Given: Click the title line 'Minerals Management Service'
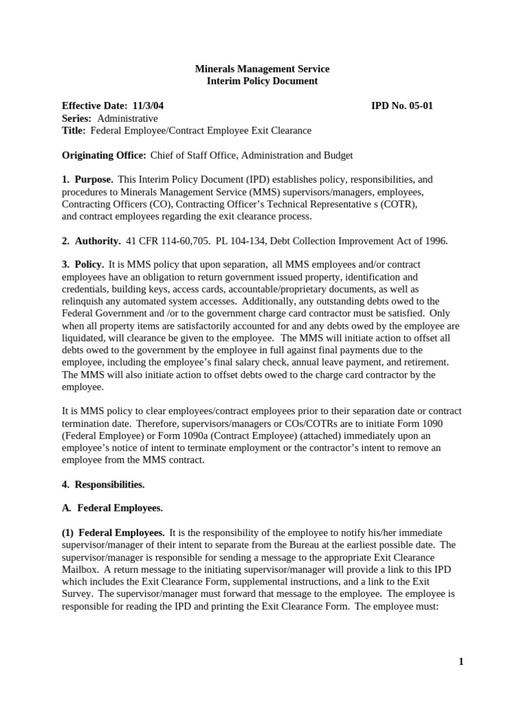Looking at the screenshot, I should click(262, 69).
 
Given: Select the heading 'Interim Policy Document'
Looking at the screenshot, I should click(262, 81).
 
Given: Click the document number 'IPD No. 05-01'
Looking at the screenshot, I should click(402, 106).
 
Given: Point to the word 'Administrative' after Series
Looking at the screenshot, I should click(126, 118).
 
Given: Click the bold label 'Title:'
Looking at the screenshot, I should click(74, 131).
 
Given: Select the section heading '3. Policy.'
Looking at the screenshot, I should click(83, 264).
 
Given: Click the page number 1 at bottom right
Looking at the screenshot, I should click(462, 661).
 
